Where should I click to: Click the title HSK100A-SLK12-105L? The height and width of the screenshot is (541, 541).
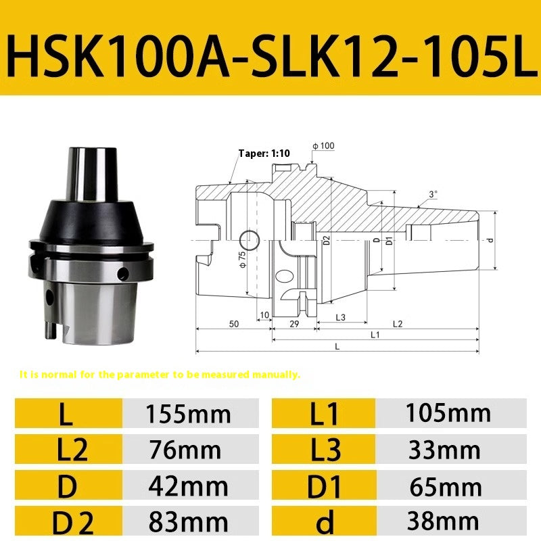point(270,49)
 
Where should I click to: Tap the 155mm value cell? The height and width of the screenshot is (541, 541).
point(189,413)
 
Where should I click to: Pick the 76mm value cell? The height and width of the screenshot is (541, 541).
point(189,449)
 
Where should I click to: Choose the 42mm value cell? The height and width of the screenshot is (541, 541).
point(189,486)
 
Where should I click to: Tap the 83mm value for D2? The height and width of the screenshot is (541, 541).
point(189,521)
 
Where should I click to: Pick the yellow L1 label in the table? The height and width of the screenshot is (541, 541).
point(324,413)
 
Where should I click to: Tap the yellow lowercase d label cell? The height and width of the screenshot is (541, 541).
point(324,521)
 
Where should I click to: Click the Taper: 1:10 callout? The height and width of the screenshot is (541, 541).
point(264,154)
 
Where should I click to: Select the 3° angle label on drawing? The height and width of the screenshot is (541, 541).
point(432,194)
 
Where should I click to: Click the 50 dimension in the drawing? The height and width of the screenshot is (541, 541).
point(233,324)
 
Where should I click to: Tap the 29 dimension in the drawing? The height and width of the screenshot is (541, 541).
point(294,324)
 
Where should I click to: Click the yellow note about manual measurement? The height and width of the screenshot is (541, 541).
point(160,374)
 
